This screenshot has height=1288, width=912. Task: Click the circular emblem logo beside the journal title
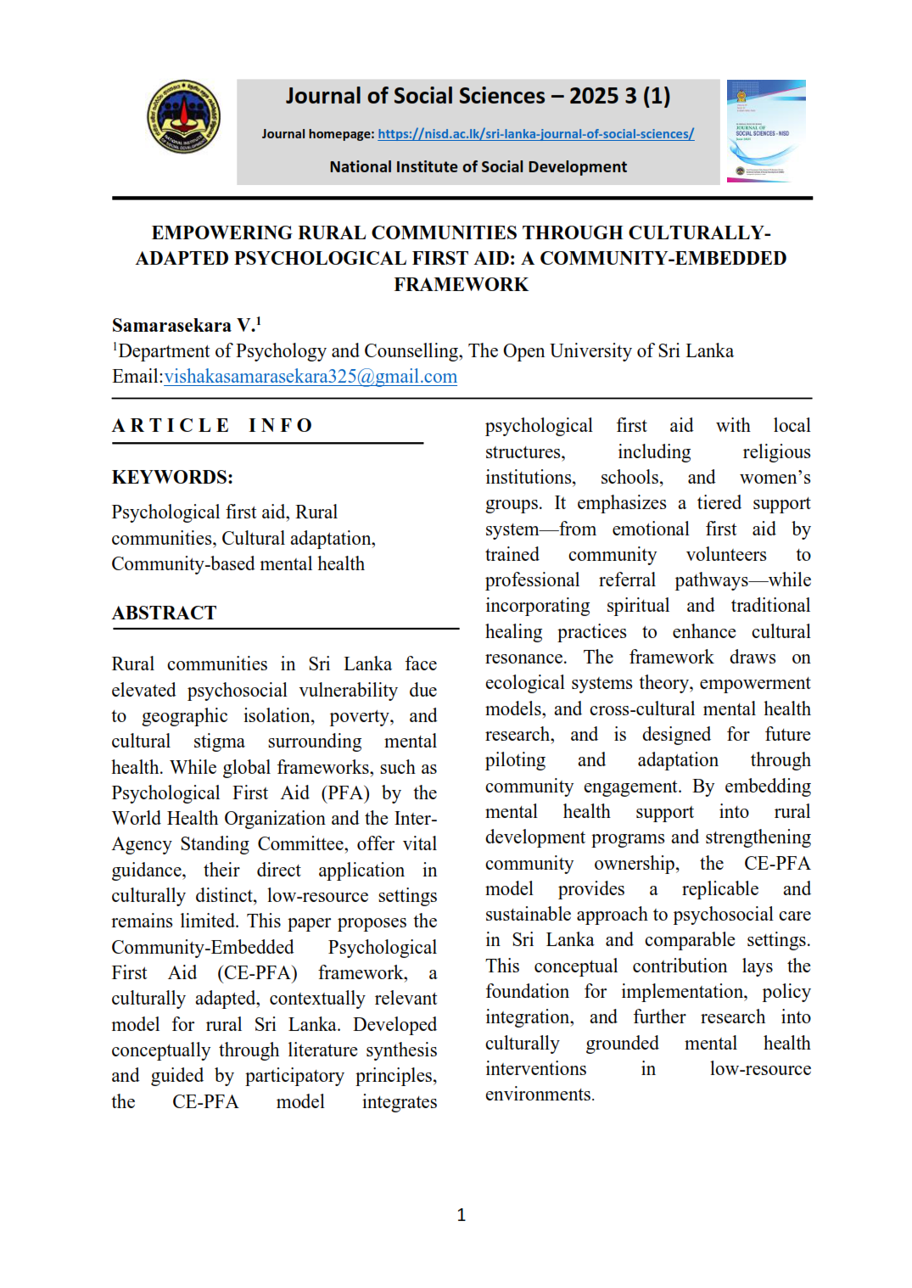tap(183, 117)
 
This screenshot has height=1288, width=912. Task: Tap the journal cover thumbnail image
tap(765, 131)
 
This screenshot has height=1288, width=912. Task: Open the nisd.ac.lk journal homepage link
tap(535, 134)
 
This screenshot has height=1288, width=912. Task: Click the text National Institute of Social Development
tap(478, 167)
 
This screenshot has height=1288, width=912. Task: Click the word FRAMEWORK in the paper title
tap(461, 284)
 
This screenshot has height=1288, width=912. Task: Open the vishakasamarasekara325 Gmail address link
tap(311, 377)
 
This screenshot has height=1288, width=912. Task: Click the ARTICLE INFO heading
tap(213, 425)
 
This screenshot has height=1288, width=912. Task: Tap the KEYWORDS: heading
tap(172, 477)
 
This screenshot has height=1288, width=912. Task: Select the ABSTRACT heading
tap(165, 613)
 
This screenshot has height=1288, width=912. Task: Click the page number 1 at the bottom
tap(461, 1215)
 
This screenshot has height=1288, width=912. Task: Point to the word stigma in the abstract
tap(219, 742)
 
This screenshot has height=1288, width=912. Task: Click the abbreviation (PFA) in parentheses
tap(344, 793)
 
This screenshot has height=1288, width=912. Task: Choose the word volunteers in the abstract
tap(726, 555)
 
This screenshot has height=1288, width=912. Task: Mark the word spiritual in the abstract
tap(637, 606)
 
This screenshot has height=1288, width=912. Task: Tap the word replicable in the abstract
tap(719, 889)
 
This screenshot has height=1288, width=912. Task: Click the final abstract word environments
tap(539, 1095)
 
